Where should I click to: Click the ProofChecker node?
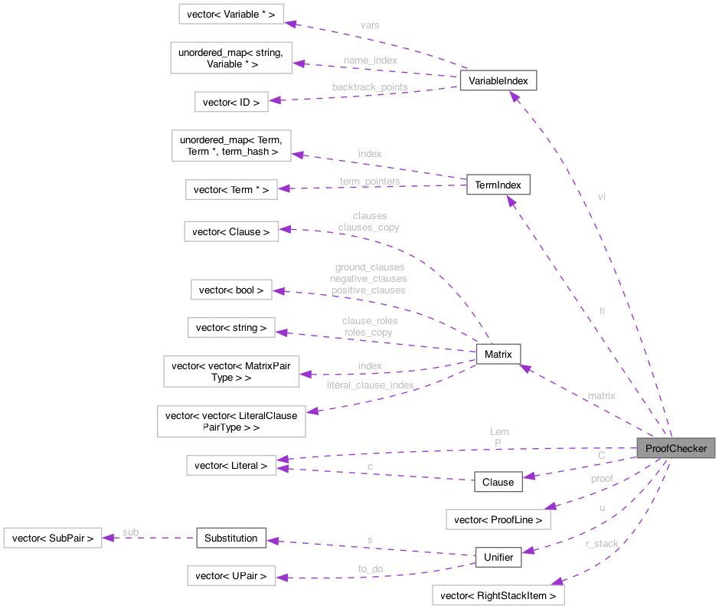coord(676,448)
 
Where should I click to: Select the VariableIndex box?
coord(498,80)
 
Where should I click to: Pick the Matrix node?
coord(498,353)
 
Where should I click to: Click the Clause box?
coord(498,482)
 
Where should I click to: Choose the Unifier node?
coord(498,557)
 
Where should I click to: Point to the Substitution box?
coord(230,538)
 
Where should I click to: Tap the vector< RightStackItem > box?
coord(498,595)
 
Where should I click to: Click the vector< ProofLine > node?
coord(498,519)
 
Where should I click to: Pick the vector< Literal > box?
coord(230,465)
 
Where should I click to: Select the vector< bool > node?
coord(230,290)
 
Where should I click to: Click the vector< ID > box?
coord(230,102)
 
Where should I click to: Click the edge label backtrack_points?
coord(369,87)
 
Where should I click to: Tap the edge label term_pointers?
coord(370,181)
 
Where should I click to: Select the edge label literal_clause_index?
coord(370,385)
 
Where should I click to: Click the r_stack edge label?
coord(602,543)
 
